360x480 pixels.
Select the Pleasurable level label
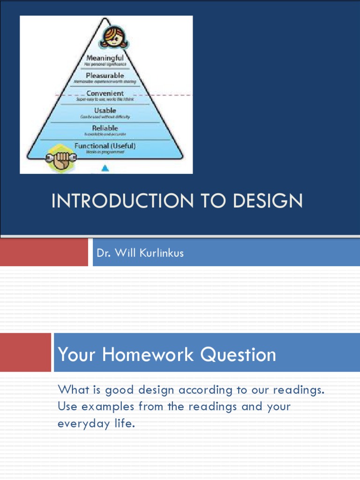[105, 75]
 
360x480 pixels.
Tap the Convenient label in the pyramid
[105, 93]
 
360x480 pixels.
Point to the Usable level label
[105, 111]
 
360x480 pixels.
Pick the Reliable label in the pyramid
[105, 128]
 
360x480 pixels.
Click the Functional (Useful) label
[105, 146]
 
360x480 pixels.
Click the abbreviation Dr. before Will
[103, 253]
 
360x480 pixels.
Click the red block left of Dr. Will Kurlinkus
[44, 253]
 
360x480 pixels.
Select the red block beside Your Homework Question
[25, 352]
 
